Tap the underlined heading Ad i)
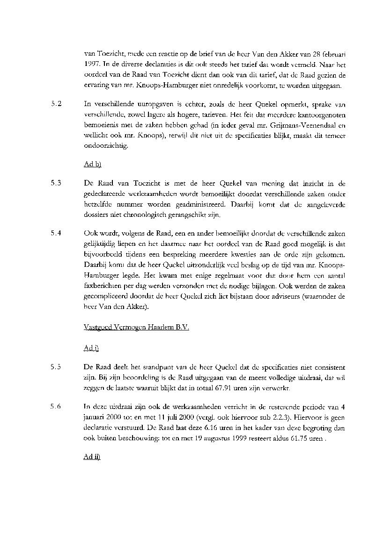click(x=91, y=348)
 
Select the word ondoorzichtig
click(x=105, y=146)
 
